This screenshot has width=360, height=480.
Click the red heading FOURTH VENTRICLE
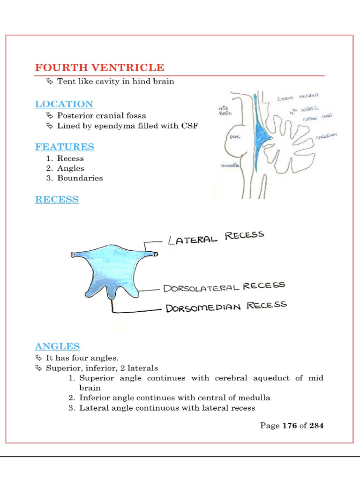point(99,67)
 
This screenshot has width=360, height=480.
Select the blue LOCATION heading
point(64,104)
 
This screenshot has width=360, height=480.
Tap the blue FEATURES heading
point(65,147)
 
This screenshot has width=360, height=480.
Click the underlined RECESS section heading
point(57,200)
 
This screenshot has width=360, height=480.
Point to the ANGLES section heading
point(57,346)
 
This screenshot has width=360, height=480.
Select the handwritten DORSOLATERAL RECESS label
point(224,287)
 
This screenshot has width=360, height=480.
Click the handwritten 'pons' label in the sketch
point(235,136)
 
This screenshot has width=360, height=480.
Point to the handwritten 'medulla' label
point(230,165)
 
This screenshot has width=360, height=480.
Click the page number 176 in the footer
point(290,426)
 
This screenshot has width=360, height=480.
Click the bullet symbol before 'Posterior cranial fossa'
point(50,115)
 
